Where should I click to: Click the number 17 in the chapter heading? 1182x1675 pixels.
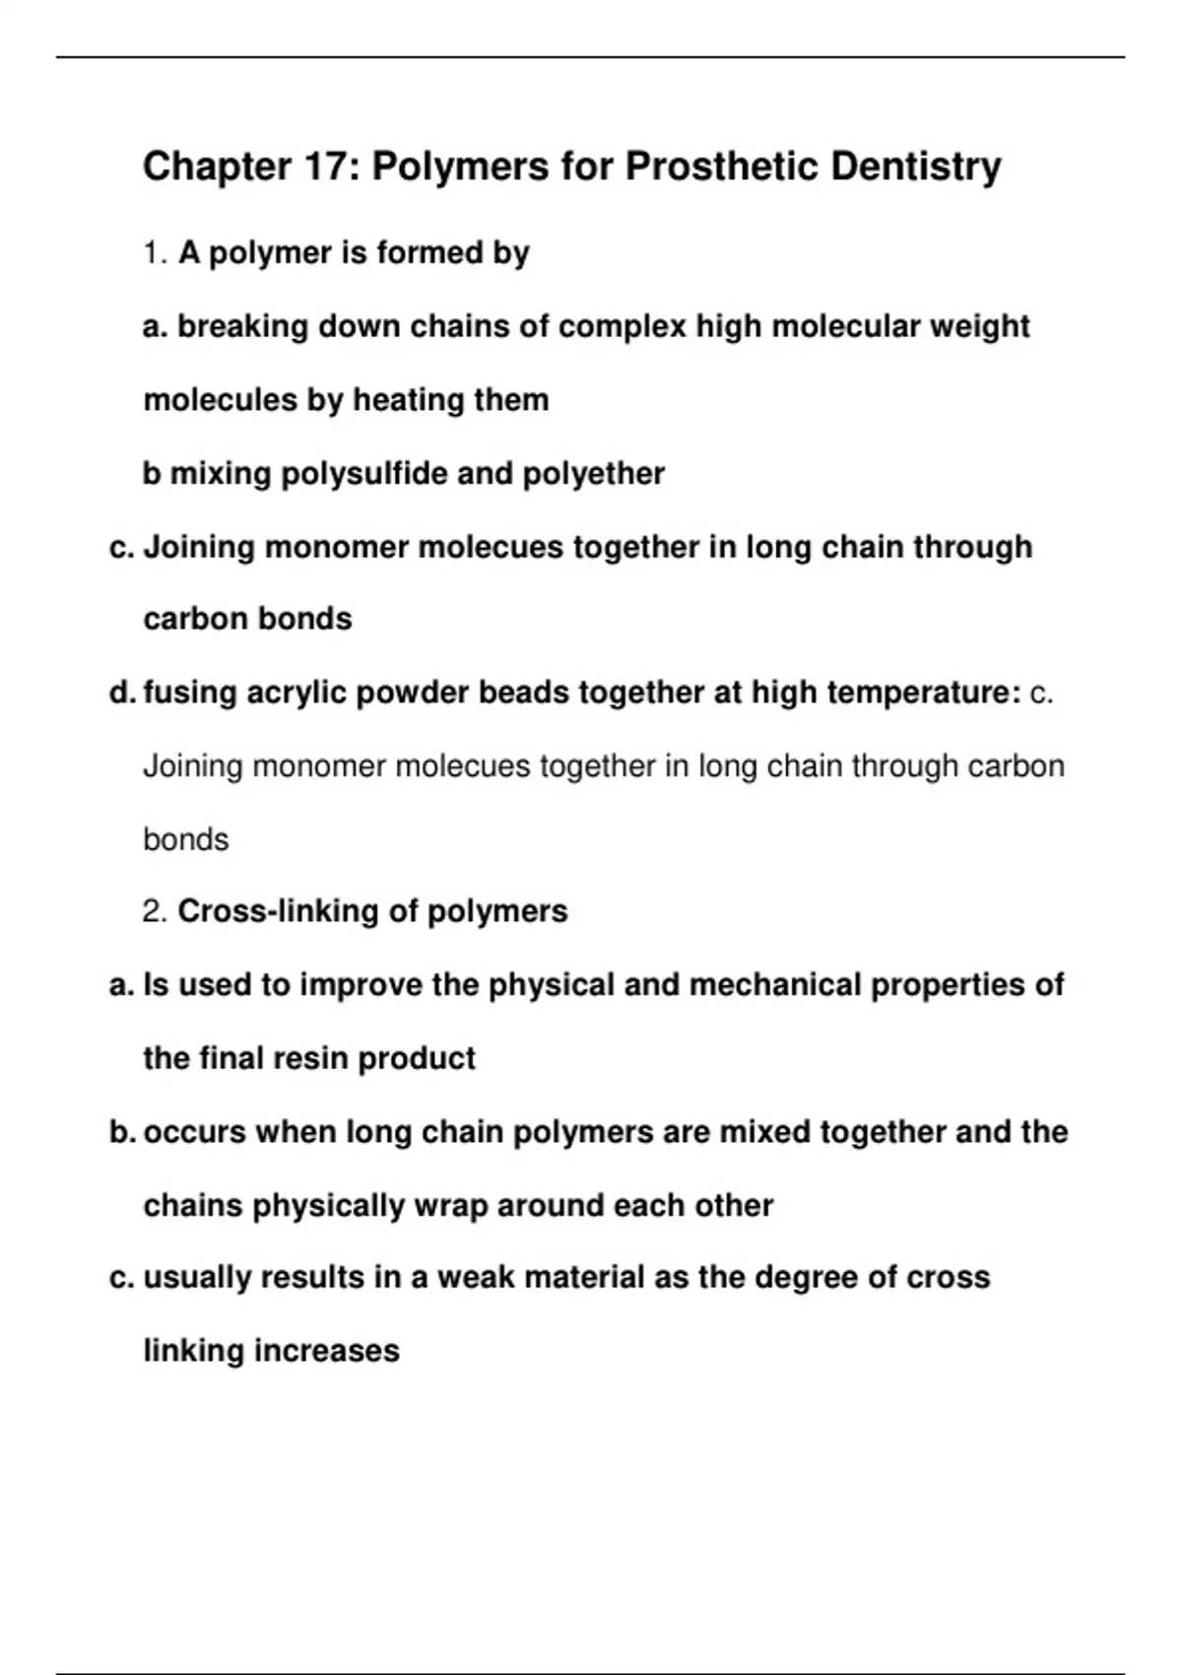(x=321, y=167)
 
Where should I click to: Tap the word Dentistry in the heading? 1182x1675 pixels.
(x=915, y=167)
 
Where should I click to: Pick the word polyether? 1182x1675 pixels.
(x=593, y=474)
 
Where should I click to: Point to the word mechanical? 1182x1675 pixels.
(x=775, y=984)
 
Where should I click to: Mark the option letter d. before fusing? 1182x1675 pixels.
(x=122, y=693)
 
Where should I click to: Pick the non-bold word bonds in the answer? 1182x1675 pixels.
(x=185, y=839)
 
